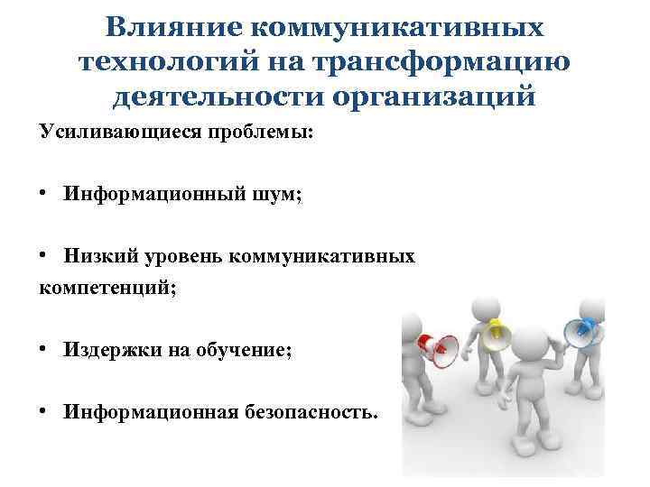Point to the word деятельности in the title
coord(217,94)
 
